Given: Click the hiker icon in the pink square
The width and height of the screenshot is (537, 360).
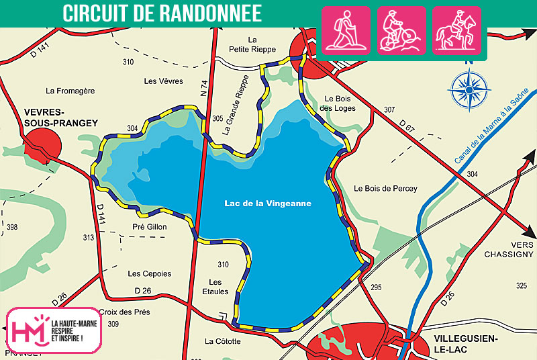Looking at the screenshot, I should [x=346, y=30].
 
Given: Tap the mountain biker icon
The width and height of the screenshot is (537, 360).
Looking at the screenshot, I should [x=401, y=30].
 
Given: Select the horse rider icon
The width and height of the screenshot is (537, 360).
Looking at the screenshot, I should [x=456, y=30].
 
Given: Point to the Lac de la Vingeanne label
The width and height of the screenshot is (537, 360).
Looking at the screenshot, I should [x=268, y=204].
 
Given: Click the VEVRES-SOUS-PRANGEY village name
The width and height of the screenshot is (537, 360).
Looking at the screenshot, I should [x=51, y=118].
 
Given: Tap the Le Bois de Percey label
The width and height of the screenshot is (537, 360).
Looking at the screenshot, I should [x=385, y=189].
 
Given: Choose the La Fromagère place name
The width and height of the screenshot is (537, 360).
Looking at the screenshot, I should [x=70, y=91].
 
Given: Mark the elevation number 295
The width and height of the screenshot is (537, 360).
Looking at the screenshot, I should [x=376, y=287].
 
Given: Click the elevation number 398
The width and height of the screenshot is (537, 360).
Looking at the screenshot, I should [x=11, y=228].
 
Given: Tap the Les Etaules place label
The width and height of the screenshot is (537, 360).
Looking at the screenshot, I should [x=219, y=287].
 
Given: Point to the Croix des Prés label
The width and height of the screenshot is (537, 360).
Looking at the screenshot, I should [x=124, y=312].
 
